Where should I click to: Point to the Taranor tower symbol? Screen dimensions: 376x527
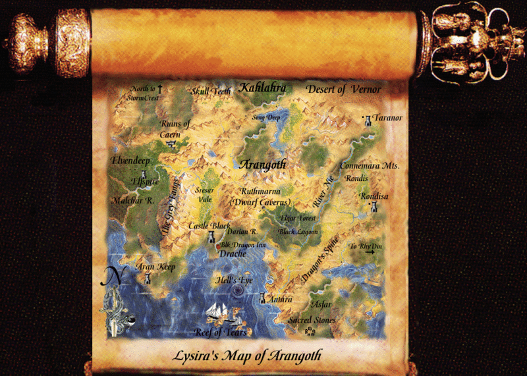tap(368, 121)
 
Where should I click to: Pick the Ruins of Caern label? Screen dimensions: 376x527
tap(175, 128)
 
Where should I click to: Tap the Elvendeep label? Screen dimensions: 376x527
tap(132, 160)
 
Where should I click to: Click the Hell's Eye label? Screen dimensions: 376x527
tap(235, 281)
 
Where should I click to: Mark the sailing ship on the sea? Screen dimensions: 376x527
tap(221, 311)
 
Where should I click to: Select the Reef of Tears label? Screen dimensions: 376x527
tap(221, 332)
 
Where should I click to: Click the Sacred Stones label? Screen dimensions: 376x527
tap(312, 320)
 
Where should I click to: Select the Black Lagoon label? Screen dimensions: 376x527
tap(298, 232)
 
